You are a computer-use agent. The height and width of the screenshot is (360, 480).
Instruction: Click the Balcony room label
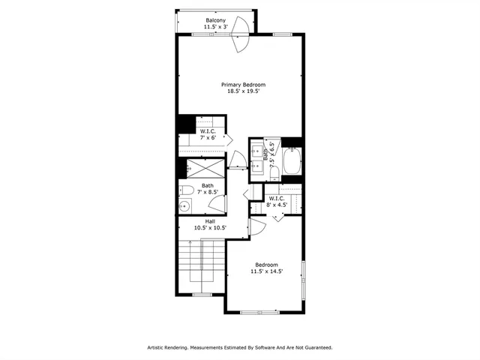click(217, 20)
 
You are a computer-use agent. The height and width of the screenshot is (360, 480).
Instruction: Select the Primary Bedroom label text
click(243, 85)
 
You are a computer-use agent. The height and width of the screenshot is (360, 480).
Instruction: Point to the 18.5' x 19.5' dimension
click(243, 91)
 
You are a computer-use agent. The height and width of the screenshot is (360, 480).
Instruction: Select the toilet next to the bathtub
click(274, 173)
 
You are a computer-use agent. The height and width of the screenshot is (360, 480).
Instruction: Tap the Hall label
click(210, 221)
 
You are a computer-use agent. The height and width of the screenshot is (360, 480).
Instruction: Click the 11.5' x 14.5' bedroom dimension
click(266, 271)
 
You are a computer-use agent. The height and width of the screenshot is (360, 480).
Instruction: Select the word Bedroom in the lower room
click(266, 265)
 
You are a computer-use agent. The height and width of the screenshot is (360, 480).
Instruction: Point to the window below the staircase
click(202, 295)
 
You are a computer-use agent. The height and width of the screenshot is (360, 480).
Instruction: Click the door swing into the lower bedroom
click(256, 226)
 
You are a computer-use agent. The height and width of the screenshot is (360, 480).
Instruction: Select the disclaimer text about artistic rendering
click(239, 347)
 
